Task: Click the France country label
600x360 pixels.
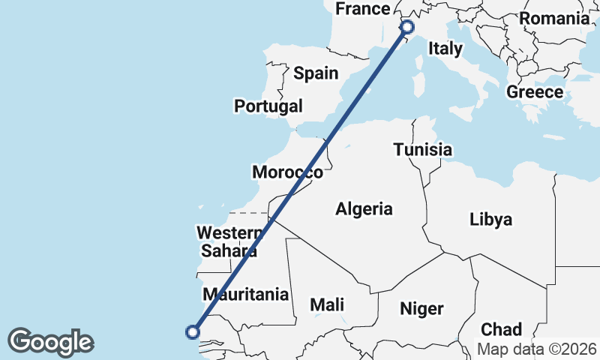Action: [x=363, y=9]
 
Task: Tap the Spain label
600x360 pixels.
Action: [x=316, y=73]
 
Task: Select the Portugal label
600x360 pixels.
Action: [x=268, y=106]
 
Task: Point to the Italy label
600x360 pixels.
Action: [x=445, y=49]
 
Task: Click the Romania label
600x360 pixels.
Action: [x=554, y=19]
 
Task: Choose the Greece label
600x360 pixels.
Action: [x=535, y=92]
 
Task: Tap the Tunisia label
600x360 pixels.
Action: [x=423, y=150]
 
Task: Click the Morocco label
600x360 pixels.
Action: [x=287, y=172]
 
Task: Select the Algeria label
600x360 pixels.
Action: [x=364, y=208]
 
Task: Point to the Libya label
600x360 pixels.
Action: [x=491, y=220]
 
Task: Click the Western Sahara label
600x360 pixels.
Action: [x=229, y=241]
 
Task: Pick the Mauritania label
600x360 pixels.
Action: [x=246, y=294]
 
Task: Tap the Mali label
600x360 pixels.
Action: [x=328, y=304]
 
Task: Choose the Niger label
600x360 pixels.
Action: [x=422, y=308]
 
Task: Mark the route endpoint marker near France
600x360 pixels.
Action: [x=407, y=27]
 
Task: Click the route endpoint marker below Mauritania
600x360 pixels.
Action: [x=193, y=331]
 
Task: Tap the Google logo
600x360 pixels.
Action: [x=50, y=342]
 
